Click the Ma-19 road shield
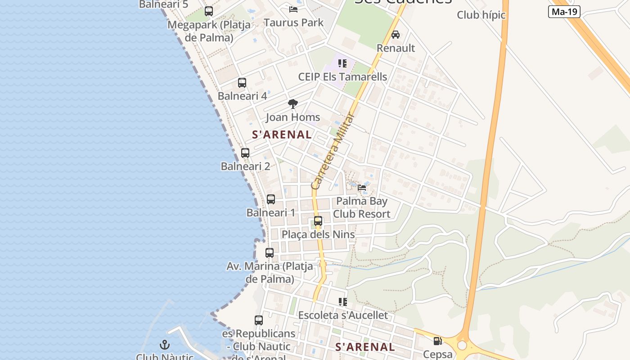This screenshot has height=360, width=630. pos(564,12)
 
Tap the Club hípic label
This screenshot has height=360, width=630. pos(481,15)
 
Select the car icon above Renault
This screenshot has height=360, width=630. pos(396,35)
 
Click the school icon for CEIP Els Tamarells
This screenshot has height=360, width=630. pos(342,63)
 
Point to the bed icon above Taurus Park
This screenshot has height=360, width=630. pos(293,9)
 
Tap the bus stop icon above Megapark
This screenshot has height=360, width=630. pos(209,11)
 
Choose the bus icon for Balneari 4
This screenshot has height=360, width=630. pos(242,83)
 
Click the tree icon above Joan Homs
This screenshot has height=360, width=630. pos(293,104)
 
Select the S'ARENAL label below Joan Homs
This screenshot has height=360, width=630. pos(282,135)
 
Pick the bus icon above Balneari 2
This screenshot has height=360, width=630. pos(245,153)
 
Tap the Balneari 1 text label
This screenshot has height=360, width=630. pos(271,212)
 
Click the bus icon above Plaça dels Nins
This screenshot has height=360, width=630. pos(318,221)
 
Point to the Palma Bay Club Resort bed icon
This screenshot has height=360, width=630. pos(362,188)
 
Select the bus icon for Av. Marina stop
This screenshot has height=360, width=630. pos(270,253)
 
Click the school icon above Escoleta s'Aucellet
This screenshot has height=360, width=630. pos(343,302)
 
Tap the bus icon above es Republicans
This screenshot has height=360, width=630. pos(259,320)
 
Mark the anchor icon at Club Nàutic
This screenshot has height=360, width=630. pos(165,345)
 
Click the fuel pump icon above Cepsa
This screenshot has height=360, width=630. pos(437,341)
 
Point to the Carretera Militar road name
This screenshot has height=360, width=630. pos(333,151)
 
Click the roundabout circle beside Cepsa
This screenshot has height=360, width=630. pos(462,345)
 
